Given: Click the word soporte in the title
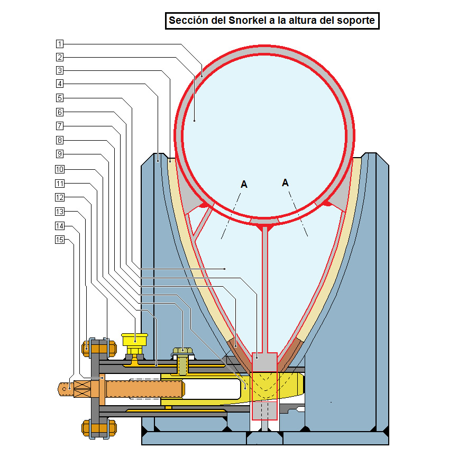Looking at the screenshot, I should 358,21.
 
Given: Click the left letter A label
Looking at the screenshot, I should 244,185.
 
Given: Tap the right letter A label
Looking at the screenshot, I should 286,182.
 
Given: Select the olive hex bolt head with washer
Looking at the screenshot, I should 182,351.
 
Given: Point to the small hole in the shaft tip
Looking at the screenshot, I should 64,389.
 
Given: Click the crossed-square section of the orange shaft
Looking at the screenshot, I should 83,389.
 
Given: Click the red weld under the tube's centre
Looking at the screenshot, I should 264,226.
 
